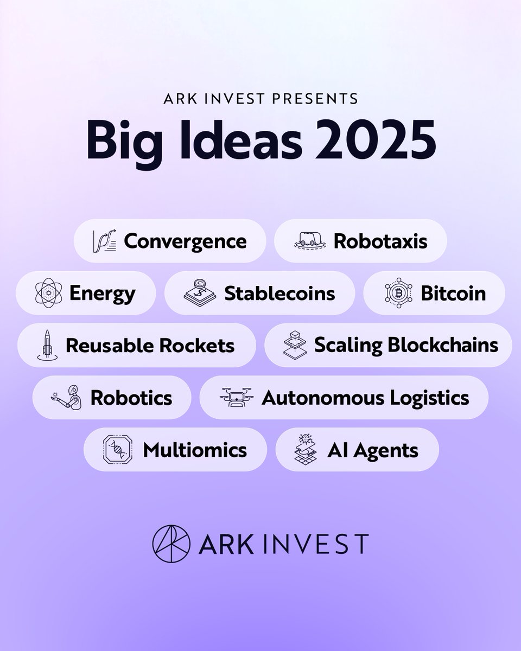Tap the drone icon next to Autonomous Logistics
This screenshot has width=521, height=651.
tap(236, 398)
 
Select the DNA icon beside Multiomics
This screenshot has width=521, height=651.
tap(118, 450)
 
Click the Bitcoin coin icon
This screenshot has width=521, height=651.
tap(398, 293)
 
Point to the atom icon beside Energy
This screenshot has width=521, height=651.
tap(48, 293)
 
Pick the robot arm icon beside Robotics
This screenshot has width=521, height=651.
tap(67, 398)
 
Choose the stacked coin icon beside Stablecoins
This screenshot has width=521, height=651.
tap(200, 293)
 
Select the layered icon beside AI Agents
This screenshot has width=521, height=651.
tap(306, 450)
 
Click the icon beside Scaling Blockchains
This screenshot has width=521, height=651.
tap(295, 346)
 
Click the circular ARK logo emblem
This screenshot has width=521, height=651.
tap(171, 543)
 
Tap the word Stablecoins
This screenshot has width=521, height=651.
tap(279, 293)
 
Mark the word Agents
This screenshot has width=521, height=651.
tap(388, 450)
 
